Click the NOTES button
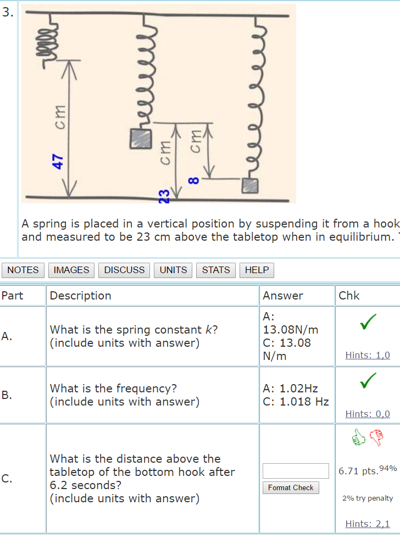click(x=23, y=270)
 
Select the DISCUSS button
click(x=124, y=270)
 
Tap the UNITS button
click(x=173, y=270)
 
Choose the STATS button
click(x=216, y=270)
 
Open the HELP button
click(x=257, y=270)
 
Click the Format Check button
click(x=291, y=487)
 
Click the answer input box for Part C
click(x=296, y=471)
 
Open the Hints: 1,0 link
click(x=368, y=356)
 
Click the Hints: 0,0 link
click(x=368, y=414)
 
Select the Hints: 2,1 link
click(x=368, y=524)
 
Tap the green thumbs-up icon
click(x=358, y=437)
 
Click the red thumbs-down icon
click(x=376, y=437)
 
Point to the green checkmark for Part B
click(x=368, y=379)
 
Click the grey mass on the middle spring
click(x=140, y=138)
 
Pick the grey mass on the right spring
click(x=250, y=186)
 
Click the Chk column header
click(x=349, y=296)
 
